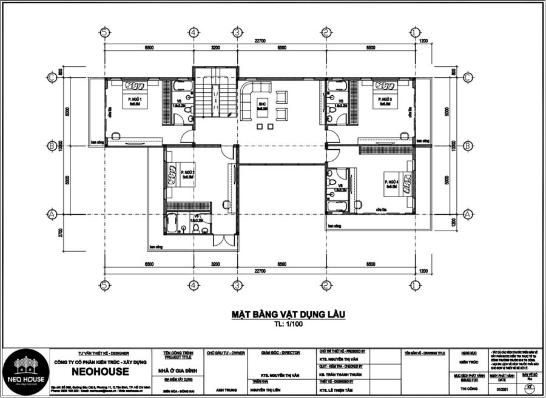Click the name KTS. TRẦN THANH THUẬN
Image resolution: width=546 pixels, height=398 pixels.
pos(340,375)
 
